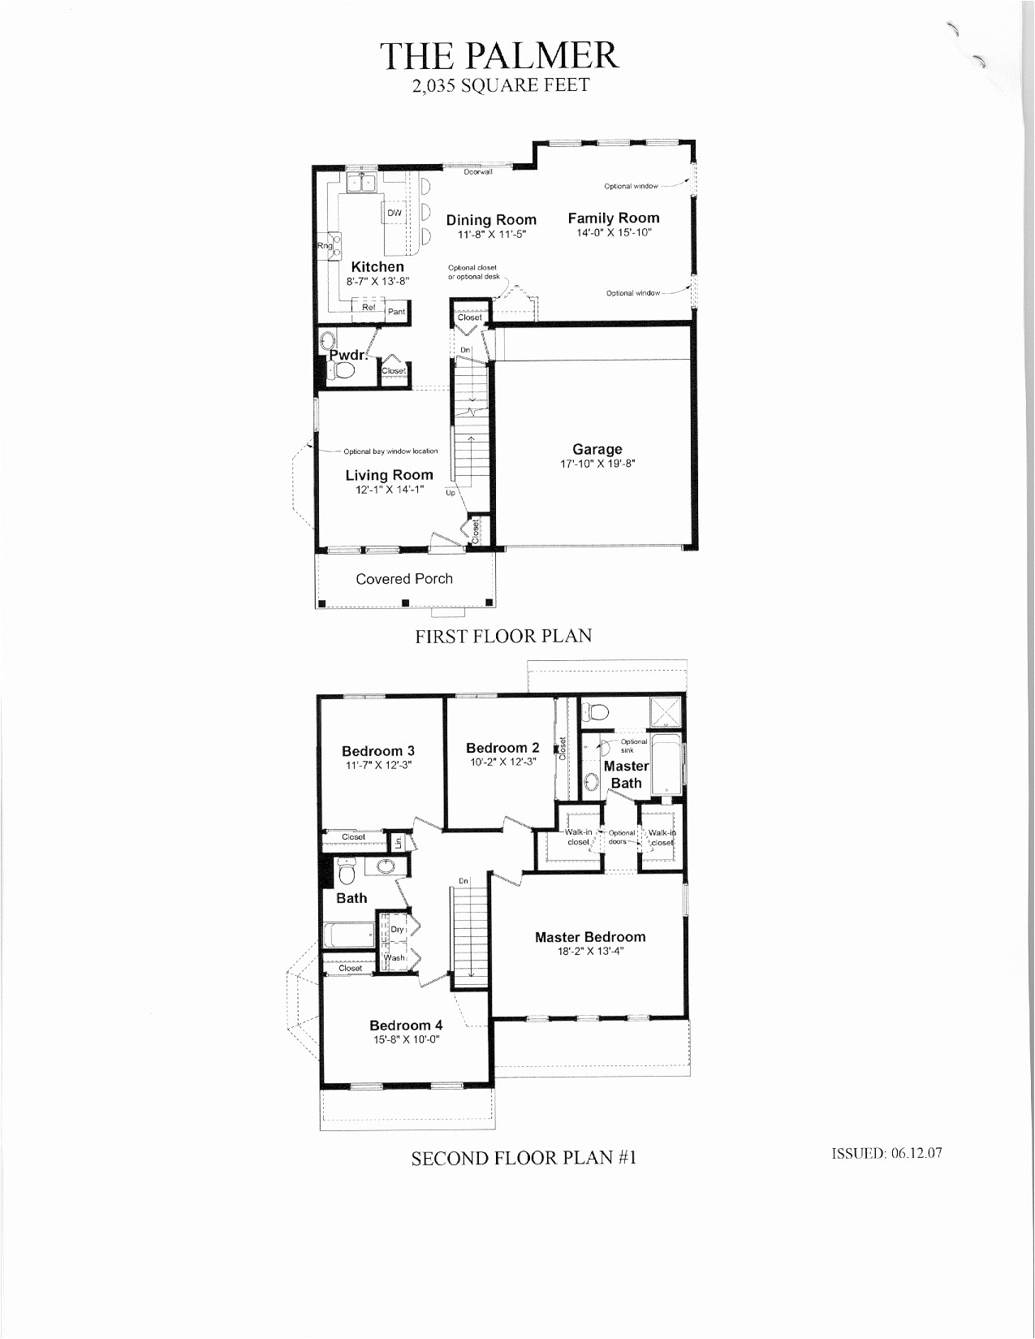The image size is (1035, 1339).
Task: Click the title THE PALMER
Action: coord(500,55)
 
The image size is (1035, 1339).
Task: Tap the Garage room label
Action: coord(597,449)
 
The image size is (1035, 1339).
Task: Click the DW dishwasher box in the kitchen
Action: coord(394,213)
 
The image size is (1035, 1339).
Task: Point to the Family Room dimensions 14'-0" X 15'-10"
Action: coord(614,232)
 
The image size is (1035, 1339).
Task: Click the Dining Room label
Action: coord(491,219)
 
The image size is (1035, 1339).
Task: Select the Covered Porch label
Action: coord(404,579)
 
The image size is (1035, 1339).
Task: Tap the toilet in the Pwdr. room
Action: coord(344,371)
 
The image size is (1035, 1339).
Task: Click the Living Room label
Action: coord(389,475)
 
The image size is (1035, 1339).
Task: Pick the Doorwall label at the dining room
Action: coord(478,171)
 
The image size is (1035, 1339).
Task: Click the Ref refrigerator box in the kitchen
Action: coord(369,308)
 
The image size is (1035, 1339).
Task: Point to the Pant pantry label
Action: coord(396,312)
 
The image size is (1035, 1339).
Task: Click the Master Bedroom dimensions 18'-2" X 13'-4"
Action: coord(590,952)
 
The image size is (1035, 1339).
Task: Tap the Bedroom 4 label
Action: coord(406,1025)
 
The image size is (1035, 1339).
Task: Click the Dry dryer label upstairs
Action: coord(397,929)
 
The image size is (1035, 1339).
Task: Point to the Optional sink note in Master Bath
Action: coord(633,745)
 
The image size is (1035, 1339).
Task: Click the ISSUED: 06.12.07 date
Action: coord(886,1153)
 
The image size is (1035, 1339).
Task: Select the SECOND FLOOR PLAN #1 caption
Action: coord(524,1158)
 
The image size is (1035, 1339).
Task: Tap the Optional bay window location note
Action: coord(390,451)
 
